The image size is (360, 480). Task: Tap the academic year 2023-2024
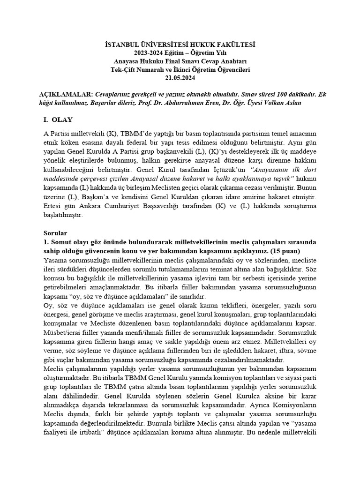tap(149, 52)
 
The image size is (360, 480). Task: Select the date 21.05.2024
tap(180, 78)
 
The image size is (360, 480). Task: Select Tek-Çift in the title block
tap(122, 69)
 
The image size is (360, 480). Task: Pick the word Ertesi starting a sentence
tap(52, 207)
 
